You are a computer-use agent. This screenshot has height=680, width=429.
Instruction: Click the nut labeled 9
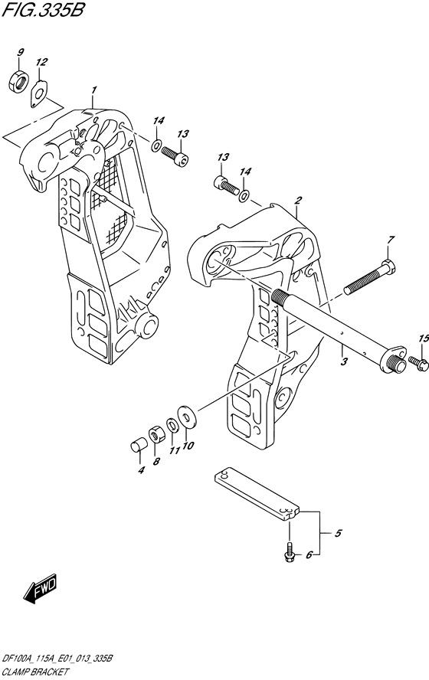[x=18, y=82]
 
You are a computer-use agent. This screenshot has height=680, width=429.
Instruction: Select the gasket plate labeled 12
[x=40, y=93]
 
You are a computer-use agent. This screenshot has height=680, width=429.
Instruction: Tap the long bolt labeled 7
[x=370, y=276]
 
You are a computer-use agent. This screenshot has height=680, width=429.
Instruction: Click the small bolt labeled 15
[x=418, y=363]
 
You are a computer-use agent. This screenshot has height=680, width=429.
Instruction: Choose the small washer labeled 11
[x=172, y=424]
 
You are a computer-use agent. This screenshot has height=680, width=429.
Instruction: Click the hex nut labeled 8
[x=156, y=435]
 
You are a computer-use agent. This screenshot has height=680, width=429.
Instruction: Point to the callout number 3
[x=343, y=362]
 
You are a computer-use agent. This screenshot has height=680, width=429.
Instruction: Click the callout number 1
[x=93, y=90]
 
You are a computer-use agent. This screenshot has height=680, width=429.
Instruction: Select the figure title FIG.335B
[x=42, y=9]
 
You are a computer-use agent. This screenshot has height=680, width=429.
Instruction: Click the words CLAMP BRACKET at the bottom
[x=34, y=672]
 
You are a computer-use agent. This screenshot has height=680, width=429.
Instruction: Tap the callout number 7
[x=391, y=240]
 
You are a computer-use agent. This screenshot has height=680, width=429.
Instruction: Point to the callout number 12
[x=41, y=63]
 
